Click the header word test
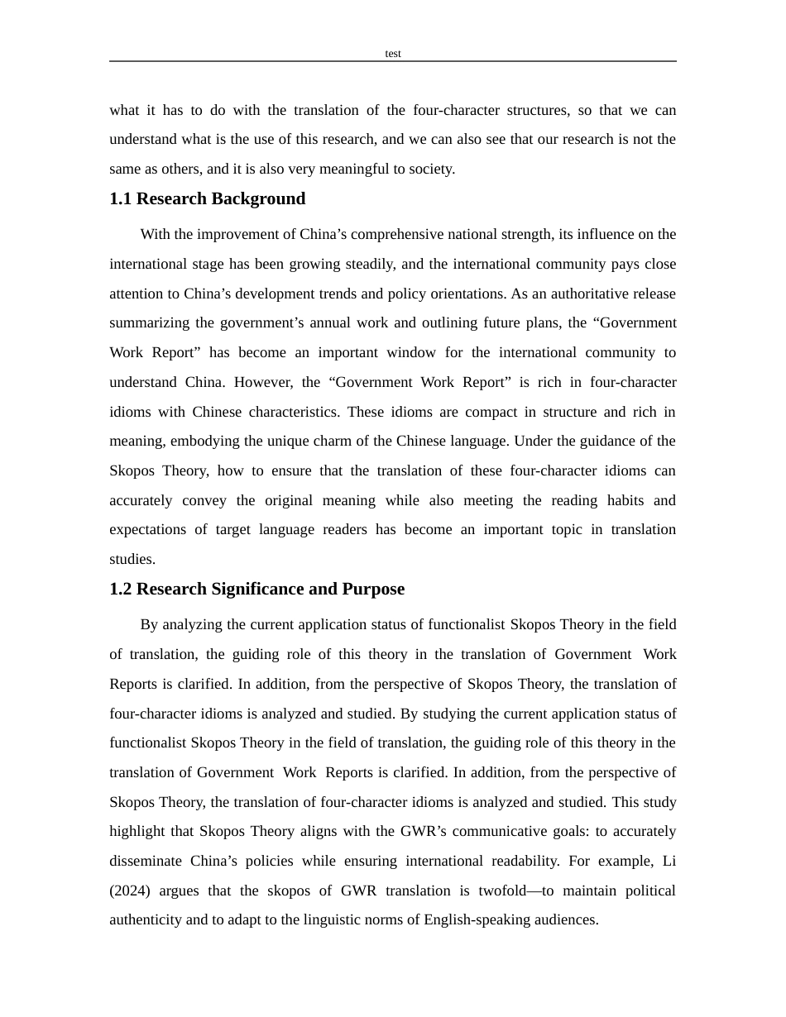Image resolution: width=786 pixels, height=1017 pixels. click(393, 54)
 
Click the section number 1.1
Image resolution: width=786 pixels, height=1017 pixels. click(121, 199)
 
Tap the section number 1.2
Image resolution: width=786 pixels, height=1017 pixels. click(121, 590)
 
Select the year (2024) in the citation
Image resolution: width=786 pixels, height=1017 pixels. click(130, 891)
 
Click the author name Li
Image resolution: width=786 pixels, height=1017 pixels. click(669, 862)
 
